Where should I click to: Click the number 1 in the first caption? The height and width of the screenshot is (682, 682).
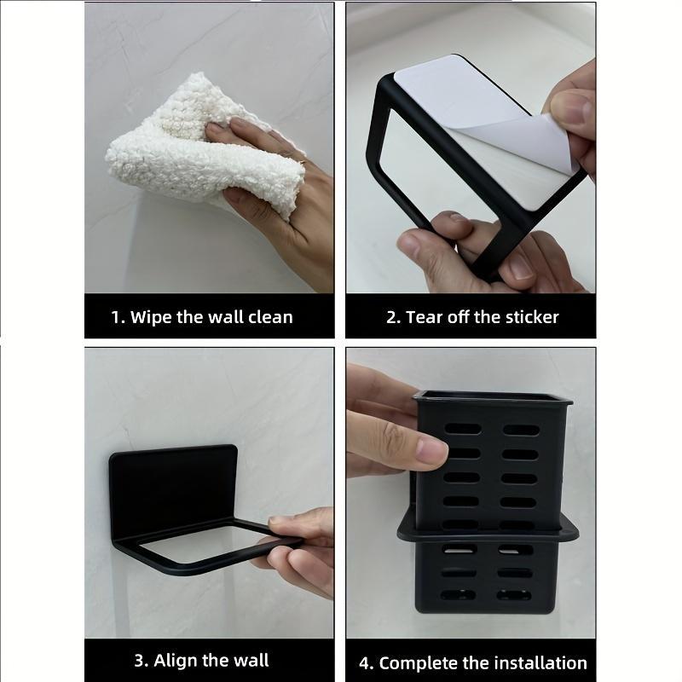[116, 318]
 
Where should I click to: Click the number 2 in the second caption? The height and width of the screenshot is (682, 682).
[392, 318]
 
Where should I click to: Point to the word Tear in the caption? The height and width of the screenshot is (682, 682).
[425, 318]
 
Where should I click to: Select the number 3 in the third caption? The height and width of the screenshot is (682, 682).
[139, 661]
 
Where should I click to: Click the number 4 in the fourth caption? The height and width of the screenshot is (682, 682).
[365, 663]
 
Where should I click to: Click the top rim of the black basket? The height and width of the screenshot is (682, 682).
[492, 396]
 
